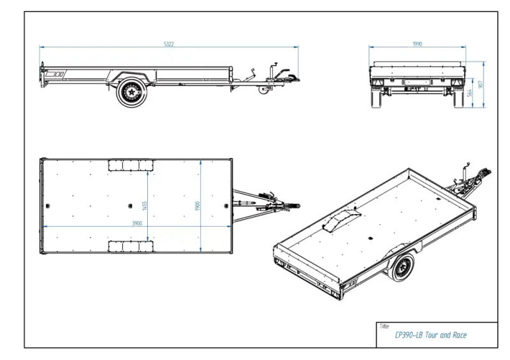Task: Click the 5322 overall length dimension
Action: tap(169, 44)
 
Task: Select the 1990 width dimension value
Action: tap(418, 44)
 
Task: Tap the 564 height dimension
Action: tap(470, 94)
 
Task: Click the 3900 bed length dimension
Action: tap(136, 223)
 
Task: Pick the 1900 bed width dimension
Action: tap(199, 207)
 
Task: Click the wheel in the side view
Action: tap(131, 93)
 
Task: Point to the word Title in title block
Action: tap(384, 326)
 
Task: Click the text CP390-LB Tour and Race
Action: tap(431, 335)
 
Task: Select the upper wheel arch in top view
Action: tap(131, 165)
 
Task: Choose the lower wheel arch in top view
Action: tap(131, 247)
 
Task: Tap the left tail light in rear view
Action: tap(378, 82)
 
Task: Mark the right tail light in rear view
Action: tap(457, 82)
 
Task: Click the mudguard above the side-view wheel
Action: tap(131, 76)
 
